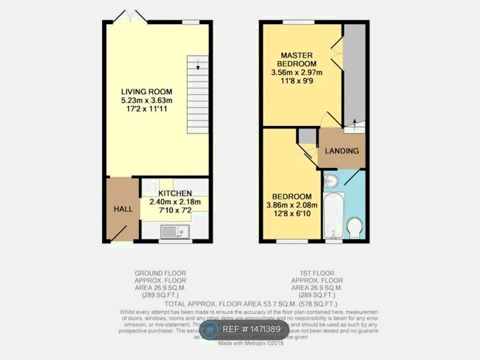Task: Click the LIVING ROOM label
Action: [x=147, y=91]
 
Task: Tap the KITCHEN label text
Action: [x=175, y=193]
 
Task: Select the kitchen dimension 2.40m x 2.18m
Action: [x=174, y=202]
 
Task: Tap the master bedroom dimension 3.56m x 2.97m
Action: [x=298, y=71]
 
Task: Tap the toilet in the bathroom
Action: [x=355, y=226]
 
